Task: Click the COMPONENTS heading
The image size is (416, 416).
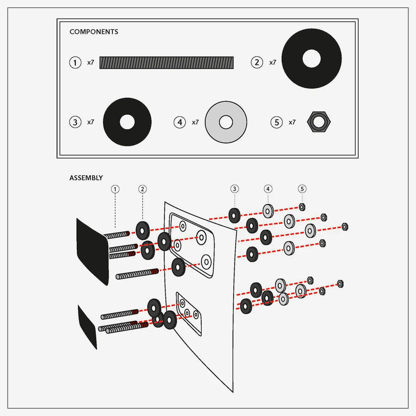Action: (94, 32)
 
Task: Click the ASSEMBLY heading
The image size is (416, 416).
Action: (86, 178)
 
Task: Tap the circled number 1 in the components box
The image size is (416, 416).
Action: (75, 62)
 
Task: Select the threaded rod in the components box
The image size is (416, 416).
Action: (166, 63)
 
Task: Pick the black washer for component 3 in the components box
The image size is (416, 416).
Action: (127, 122)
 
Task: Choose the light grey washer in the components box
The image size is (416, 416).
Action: (226, 122)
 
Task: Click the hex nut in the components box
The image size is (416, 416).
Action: (319, 122)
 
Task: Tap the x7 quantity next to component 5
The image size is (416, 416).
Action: (292, 122)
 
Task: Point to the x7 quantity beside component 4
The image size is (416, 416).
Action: (195, 122)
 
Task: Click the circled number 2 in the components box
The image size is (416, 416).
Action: (257, 62)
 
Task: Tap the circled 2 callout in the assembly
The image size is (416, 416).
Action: (143, 189)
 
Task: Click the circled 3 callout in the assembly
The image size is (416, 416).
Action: (235, 189)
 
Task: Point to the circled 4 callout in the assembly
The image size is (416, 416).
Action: (268, 189)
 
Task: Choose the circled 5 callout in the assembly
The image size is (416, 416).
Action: (302, 189)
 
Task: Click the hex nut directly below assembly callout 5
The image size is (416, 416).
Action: (302, 207)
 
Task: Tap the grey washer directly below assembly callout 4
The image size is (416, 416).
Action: (268, 210)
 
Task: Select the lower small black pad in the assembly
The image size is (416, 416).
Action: (87, 325)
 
